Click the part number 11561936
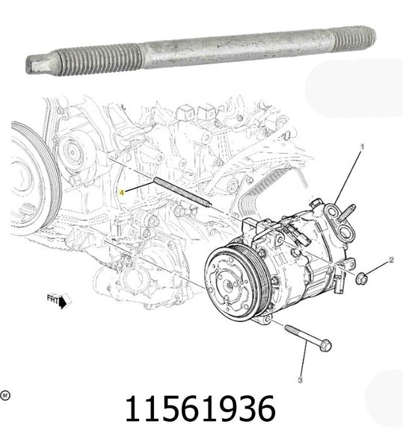(x=200, y=409)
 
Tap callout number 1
(x=363, y=148)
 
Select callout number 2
(x=390, y=260)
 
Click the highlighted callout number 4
(x=125, y=190)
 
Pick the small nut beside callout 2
(x=362, y=278)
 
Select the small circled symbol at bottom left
(x=5, y=394)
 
